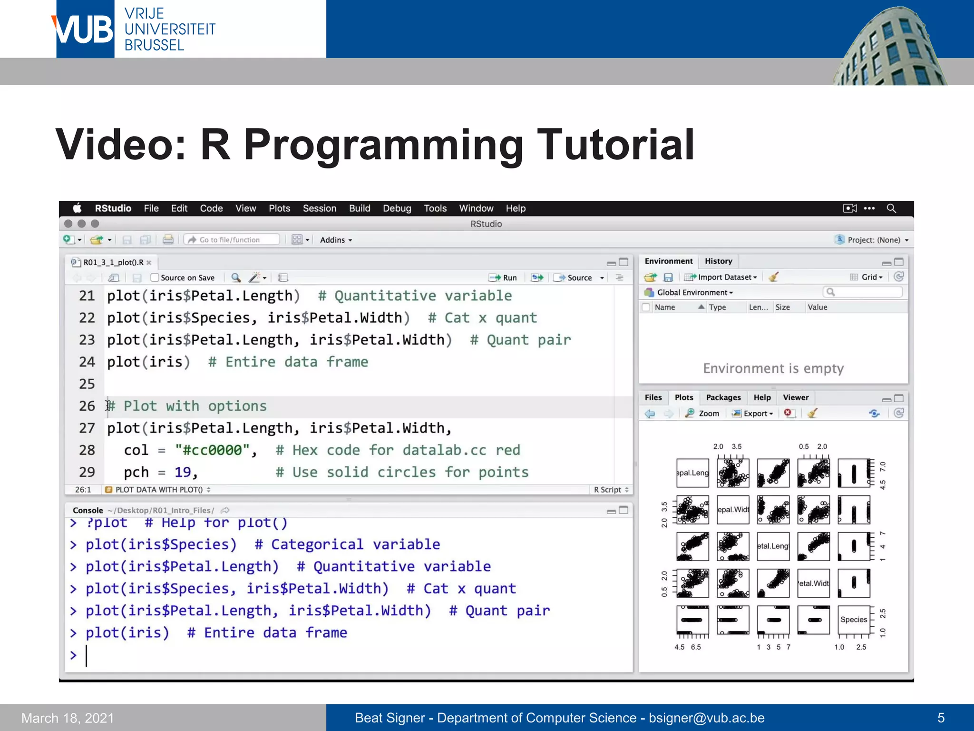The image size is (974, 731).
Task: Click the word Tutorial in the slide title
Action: tap(615, 145)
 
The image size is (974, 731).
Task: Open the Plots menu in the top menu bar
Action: tap(279, 208)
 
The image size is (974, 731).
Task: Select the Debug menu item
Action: tap(397, 208)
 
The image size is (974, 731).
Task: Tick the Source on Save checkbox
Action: tap(155, 277)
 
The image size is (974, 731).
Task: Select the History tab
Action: tap(718, 261)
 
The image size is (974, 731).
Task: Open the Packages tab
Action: tap(723, 397)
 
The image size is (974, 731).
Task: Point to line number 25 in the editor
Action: tap(87, 384)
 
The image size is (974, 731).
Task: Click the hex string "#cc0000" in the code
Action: tap(212, 450)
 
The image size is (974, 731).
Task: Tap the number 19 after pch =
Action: tap(183, 472)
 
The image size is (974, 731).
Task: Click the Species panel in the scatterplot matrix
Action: tap(853, 620)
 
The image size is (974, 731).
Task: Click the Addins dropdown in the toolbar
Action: tap(336, 240)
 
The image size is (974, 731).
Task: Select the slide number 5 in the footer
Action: tap(941, 718)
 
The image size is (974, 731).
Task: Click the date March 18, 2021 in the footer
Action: tap(68, 718)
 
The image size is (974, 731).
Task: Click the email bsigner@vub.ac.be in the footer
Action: tap(707, 718)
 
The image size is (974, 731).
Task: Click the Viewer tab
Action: tap(795, 397)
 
